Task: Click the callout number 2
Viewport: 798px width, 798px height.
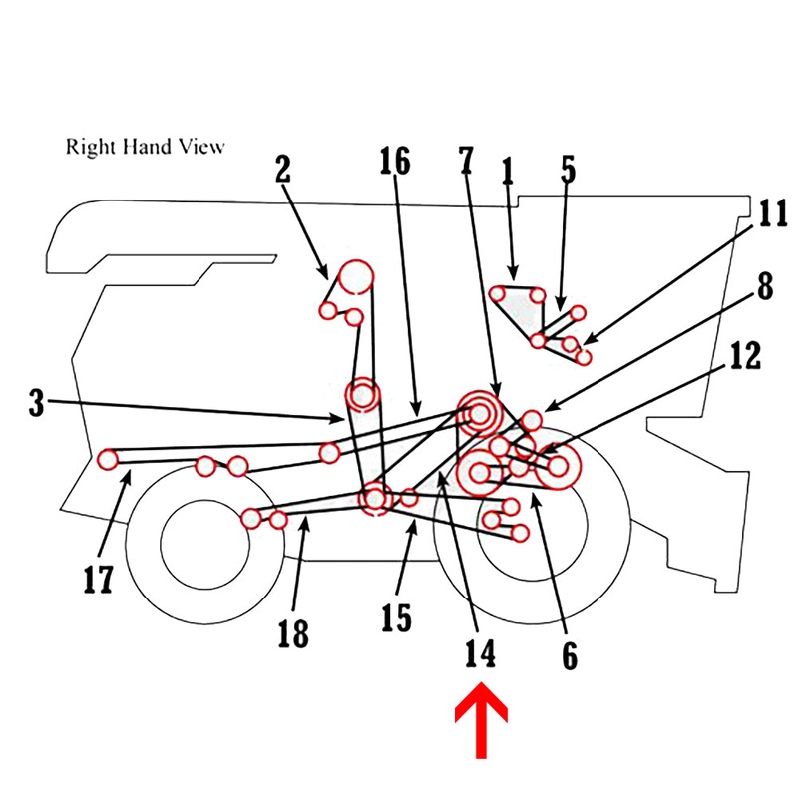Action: pyautogui.click(x=283, y=169)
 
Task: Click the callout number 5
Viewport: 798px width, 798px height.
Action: pyautogui.click(x=568, y=169)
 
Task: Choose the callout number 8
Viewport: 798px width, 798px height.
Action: pyautogui.click(x=763, y=285)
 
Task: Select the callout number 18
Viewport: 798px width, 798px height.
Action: pyautogui.click(x=294, y=633)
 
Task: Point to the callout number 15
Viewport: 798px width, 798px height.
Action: pyautogui.click(x=396, y=618)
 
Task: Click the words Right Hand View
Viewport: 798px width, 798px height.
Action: pyautogui.click(x=146, y=147)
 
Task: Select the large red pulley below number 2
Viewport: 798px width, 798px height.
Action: pyautogui.click(x=356, y=278)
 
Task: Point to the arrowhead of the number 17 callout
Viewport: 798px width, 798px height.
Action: pyautogui.click(x=127, y=478)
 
